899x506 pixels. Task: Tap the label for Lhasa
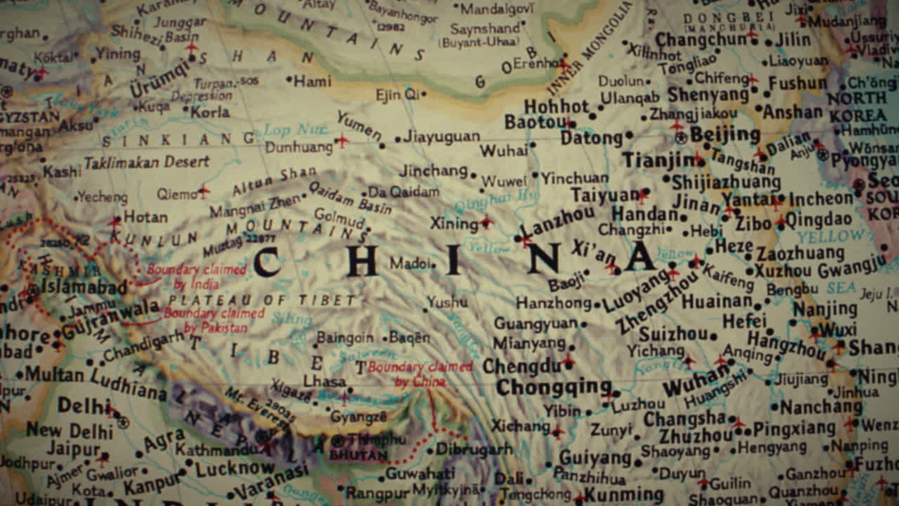point(324,381)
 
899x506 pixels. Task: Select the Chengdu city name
point(521,366)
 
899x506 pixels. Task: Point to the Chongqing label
point(553,387)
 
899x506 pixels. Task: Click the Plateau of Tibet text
point(262,301)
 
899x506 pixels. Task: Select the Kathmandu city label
point(216,449)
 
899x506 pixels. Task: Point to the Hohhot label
point(556,106)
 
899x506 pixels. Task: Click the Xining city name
point(454,223)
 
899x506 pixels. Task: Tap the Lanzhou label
point(559,221)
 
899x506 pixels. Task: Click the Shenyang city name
point(708,94)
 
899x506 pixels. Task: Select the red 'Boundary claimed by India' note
point(196,277)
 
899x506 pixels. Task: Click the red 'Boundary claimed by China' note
point(420,374)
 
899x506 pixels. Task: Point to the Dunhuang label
point(298,148)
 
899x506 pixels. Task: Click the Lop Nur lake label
point(287,130)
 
